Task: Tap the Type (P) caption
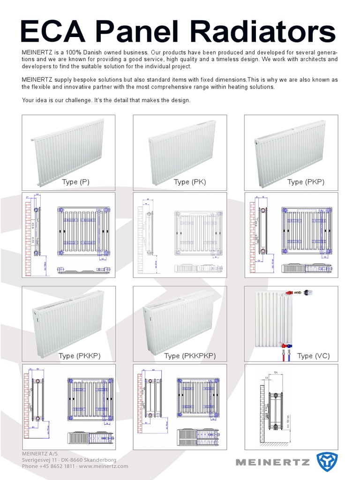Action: (x=75, y=182)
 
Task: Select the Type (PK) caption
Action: (x=189, y=182)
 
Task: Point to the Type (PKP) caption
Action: (x=306, y=182)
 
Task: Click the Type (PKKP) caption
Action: (x=79, y=356)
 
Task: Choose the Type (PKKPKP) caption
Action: (x=190, y=356)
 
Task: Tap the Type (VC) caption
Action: (x=314, y=356)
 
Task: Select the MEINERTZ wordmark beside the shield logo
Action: (x=272, y=462)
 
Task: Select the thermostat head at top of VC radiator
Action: (x=307, y=292)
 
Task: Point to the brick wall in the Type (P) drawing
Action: (x=28, y=230)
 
